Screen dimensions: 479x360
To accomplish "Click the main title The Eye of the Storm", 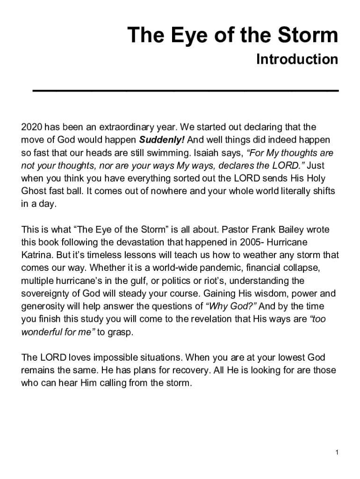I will pyautogui.click(x=232, y=36).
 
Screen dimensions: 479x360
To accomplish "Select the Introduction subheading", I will pyautogui.click(x=297, y=59).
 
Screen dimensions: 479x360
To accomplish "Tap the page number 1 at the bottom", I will pyautogui.click(x=337, y=452).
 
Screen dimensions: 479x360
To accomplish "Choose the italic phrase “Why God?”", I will pyautogui.click(x=231, y=307).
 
